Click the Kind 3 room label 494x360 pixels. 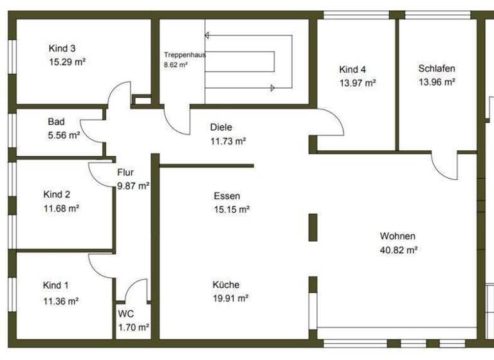(x=62, y=48)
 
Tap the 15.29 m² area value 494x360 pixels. (x=68, y=62)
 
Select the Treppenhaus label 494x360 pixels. (x=185, y=55)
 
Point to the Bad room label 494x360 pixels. (x=56, y=122)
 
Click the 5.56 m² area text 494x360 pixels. (x=64, y=135)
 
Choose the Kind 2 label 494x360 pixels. (x=57, y=194)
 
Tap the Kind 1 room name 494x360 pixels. (x=56, y=285)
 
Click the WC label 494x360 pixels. (x=125, y=314)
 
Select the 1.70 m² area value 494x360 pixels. (x=133, y=327)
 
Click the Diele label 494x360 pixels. (x=221, y=127)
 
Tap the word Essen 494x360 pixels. (x=226, y=195)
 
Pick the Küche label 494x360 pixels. (x=226, y=285)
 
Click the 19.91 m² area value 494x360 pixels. (x=231, y=298)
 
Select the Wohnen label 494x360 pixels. (x=398, y=236)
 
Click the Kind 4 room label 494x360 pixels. (x=352, y=69)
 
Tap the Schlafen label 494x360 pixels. (x=437, y=68)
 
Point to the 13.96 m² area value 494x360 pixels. (x=437, y=82)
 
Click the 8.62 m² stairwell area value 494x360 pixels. (x=176, y=65)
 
